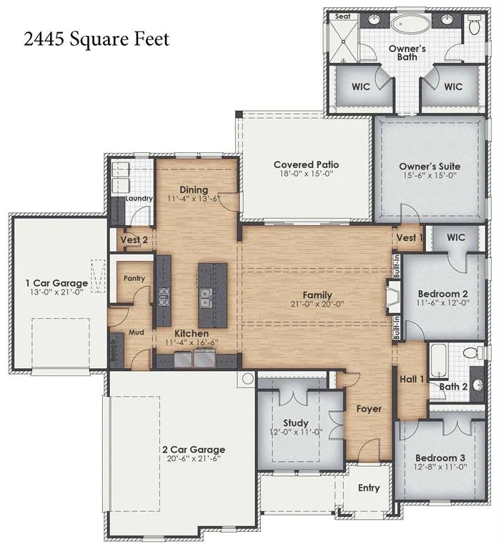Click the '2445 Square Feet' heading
pos(96,39)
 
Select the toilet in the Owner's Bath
pos(475,25)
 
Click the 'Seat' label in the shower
pos(342,16)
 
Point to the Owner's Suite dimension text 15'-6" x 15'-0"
pos(430,175)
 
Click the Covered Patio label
pos(307,164)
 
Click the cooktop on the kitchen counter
pos(164,297)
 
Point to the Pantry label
pos(134,278)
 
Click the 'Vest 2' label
pos(134,240)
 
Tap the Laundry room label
pos(139,199)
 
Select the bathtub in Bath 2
pos(439,361)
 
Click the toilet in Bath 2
pos(472,352)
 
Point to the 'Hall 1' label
pos(412,379)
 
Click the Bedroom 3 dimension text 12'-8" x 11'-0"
pos(440,467)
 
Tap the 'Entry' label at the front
pos(369,488)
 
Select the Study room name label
pos(296,423)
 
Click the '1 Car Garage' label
pos(56,283)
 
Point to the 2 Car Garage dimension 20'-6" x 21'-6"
pos(193,458)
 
